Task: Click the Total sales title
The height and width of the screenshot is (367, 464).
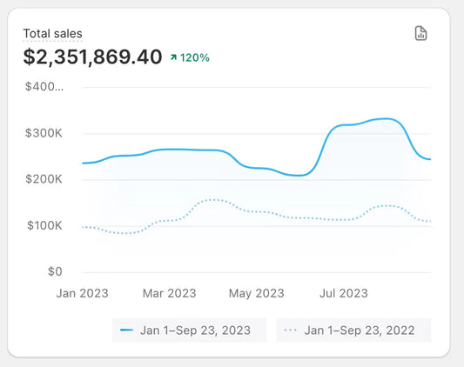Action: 52,34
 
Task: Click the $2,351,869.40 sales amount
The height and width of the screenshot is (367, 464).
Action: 92,57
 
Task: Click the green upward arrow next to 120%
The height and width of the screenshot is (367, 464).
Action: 174,58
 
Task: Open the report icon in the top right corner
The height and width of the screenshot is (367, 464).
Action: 420,34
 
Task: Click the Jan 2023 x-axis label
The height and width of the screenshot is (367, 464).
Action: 82,293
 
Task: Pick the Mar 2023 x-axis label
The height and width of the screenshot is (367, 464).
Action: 169,293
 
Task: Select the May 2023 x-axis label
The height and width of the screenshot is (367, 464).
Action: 256,293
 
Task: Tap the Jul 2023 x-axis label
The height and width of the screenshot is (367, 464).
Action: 342,293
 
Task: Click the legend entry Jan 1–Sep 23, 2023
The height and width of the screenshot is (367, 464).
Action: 189,330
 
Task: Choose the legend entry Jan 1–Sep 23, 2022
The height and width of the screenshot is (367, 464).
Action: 353,330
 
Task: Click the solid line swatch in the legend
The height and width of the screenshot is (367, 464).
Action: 127,330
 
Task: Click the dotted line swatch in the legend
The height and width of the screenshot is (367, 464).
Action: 291,330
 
